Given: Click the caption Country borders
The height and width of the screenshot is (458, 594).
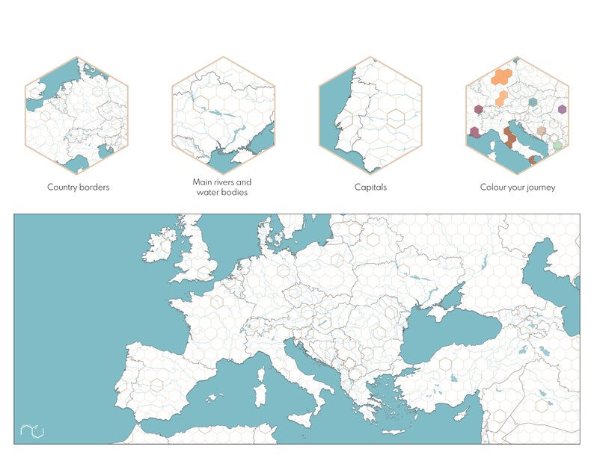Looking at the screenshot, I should point(78,187).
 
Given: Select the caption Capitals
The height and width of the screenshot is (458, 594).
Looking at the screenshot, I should point(370,187).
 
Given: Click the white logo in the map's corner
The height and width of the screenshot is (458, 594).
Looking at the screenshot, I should point(32,430).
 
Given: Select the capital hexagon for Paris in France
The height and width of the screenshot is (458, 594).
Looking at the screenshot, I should point(217,302).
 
